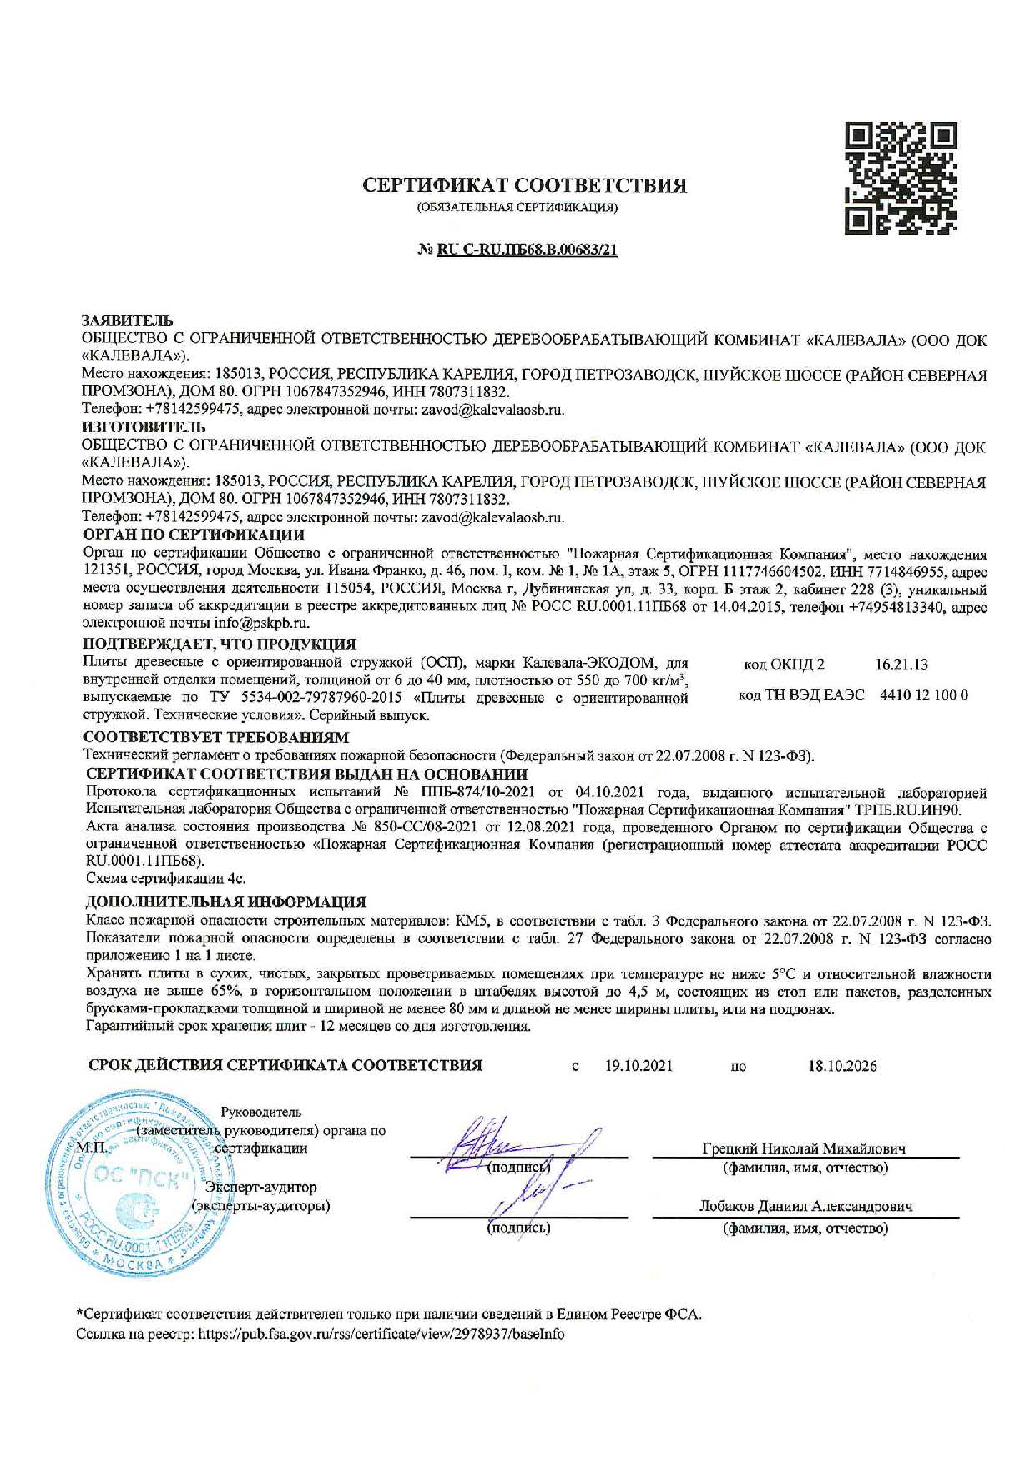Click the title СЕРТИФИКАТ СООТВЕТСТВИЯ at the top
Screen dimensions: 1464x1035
pyautogui.click(x=525, y=185)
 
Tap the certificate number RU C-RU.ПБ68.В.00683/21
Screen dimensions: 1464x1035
pyautogui.click(x=527, y=250)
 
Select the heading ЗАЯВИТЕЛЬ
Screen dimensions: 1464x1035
pyautogui.click(x=126, y=321)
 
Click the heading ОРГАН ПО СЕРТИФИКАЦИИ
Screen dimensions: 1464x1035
pyautogui.click(x=194, y=534)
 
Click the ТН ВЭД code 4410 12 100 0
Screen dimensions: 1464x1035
pyautogui.click(x=923, y=694)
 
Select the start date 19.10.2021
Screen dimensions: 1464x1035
pyautogui.click(x=639, y=1066)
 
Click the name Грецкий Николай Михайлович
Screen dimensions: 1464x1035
pyautogui.click(x=805, y=1148)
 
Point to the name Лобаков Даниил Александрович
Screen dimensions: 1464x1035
pyautogui.click(x=805, y=1207)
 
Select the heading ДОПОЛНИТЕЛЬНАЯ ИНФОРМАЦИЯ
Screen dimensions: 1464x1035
pyautogui.click(x=226, y=902)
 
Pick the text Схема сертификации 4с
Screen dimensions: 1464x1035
pyautogui.click(x=166, y=879)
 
